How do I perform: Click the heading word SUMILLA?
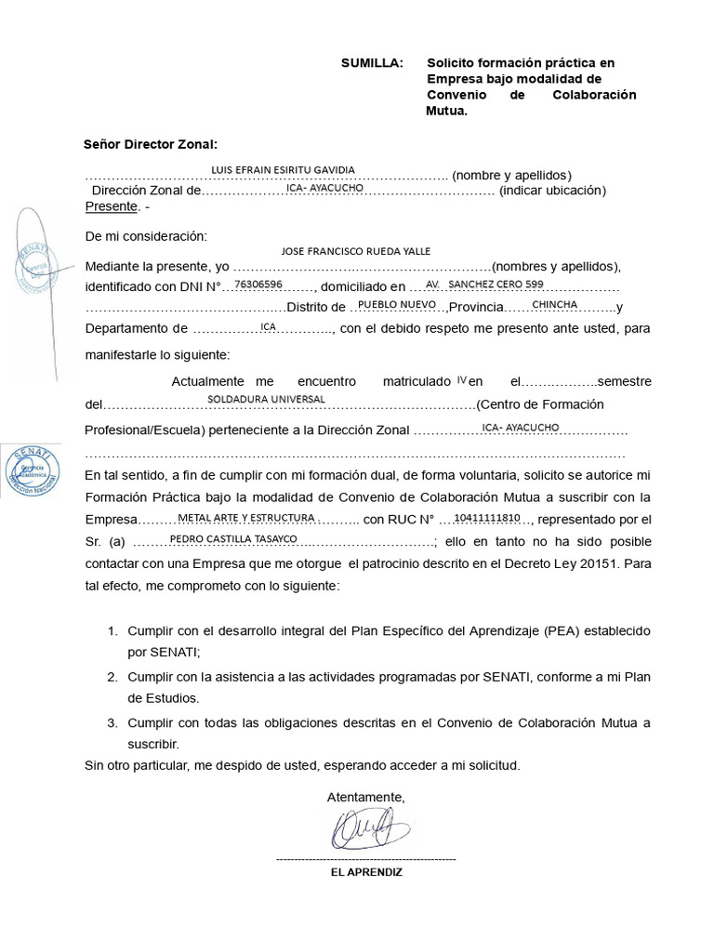372,63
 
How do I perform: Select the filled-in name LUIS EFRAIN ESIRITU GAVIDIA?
284,170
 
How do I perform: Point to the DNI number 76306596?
258,284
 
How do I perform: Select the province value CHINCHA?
554,305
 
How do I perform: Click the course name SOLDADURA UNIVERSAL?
266,398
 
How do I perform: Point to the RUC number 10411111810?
487,517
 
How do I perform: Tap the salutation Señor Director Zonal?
150,144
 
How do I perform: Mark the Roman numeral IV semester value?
461,379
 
